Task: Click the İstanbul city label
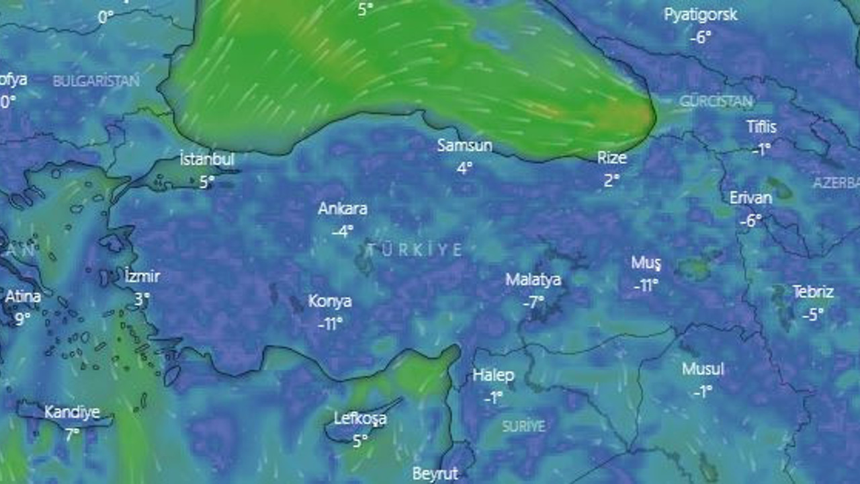(x=207, y=160)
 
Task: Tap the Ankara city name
(x=343, y=209)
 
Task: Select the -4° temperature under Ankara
(x=342, y=231)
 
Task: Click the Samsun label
(x=464, y=146)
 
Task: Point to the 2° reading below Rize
(x=611, y=180)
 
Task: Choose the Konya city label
(x=330, y=302)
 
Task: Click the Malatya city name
(x=533, y=280)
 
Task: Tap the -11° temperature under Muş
(x=646, y=286)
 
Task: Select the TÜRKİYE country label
(x=415, y=250)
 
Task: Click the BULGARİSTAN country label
(x=96, y=81)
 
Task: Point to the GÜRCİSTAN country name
(x=716, y=102)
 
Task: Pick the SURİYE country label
(x=524, y=426)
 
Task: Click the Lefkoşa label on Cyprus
(x=360, y=419)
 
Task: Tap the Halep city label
(x=493, y=375)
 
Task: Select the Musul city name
(x=703, y=369)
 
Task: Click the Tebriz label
(x=813, y=292)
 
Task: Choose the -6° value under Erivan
(x=750, y=220)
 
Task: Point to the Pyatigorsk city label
(x=700, y=15)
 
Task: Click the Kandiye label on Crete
(x=72, y=412)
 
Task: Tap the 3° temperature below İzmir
(x=141, y=298)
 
